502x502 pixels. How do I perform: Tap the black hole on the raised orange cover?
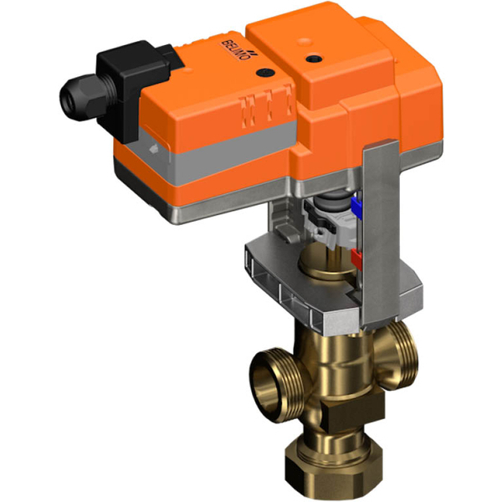pos(315,59)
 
